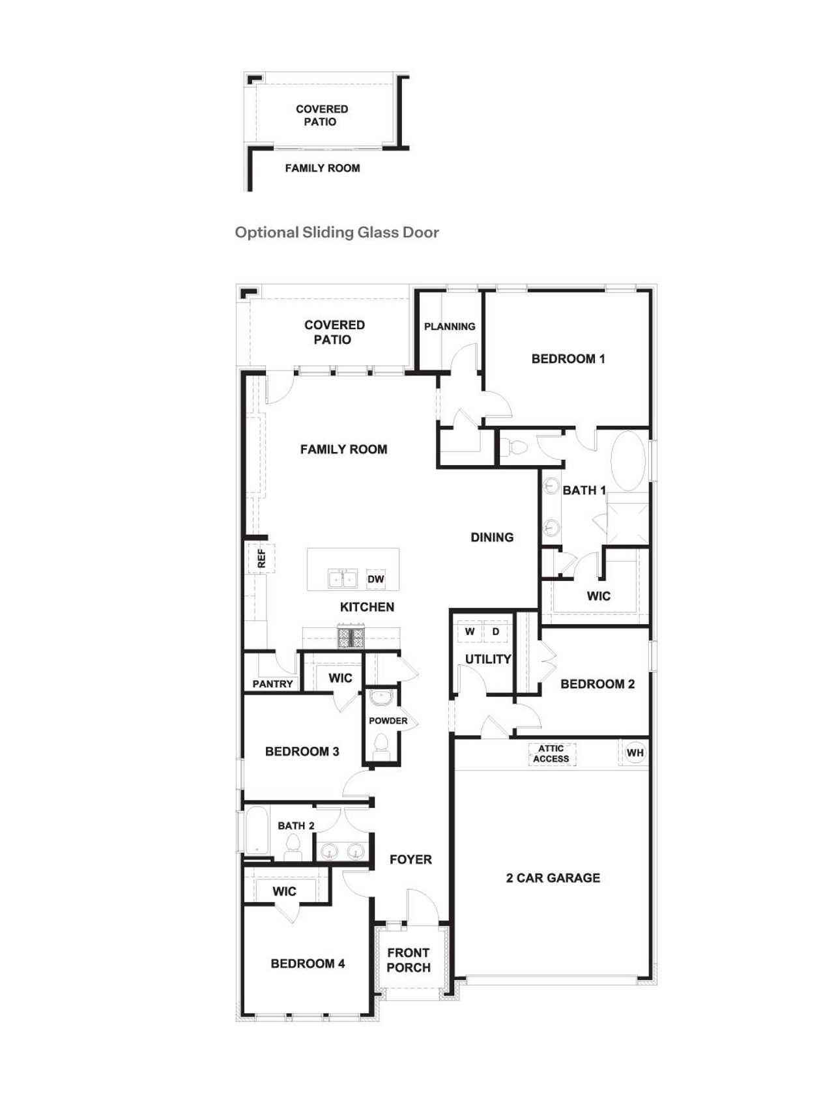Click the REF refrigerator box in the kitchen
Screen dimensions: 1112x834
[261, 558]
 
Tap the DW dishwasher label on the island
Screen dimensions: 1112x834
[376, 578]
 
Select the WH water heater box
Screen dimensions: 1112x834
[635, 752]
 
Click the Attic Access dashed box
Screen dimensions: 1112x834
[551, 754]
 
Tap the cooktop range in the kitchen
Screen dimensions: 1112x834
[351, 636]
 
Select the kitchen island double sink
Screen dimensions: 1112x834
[342, 578]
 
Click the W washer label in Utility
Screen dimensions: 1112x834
[470, 632]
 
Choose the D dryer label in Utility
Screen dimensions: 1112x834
[496, 632]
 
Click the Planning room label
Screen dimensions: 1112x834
[450, 326]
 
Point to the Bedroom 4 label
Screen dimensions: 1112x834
[308, 963]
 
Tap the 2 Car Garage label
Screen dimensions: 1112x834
[553, 877]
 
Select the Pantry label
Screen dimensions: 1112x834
[272, 683]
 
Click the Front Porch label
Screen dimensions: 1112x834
[409, 960]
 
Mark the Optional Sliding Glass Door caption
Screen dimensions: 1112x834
[337, 233]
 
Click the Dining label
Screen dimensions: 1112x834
[492, 537]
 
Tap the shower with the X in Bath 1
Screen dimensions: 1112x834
[627, 519]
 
